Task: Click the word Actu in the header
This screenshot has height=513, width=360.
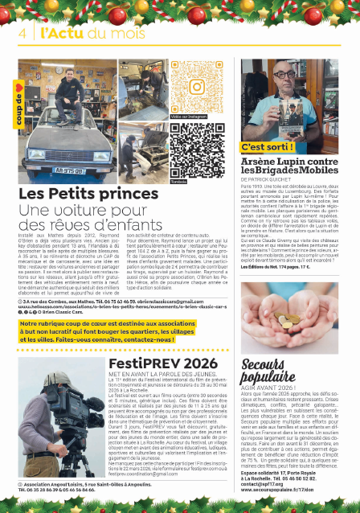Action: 67,33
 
